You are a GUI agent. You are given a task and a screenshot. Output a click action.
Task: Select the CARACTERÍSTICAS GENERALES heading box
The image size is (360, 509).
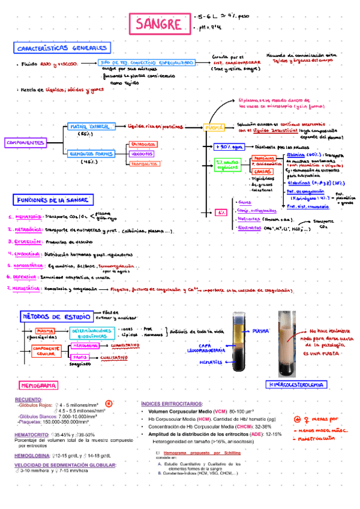click(x=62, y=47)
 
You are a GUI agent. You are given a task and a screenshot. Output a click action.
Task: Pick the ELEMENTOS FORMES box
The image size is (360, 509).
click(x=91, y=154)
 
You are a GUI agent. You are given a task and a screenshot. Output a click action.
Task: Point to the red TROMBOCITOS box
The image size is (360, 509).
click(x=143, y=164)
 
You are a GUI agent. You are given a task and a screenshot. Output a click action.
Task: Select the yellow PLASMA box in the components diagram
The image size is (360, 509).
click(x=214, y=128)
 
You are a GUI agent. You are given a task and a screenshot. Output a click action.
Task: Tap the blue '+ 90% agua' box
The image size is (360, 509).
click(x=229, y=146)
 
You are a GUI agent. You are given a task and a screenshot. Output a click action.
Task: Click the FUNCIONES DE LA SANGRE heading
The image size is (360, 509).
click(x=53, y=200)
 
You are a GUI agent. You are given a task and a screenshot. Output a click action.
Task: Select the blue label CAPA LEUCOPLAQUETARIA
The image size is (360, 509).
click(x=212, y=349)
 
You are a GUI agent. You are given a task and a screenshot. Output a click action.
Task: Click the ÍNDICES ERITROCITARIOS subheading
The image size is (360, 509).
click(x=172, y=404)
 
